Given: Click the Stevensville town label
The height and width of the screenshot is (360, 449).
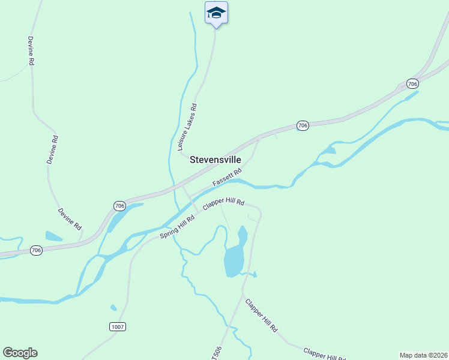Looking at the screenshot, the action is coord(215,160).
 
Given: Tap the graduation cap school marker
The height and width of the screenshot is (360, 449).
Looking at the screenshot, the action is coord(216,13).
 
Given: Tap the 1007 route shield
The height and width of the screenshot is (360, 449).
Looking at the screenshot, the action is coord(118,326).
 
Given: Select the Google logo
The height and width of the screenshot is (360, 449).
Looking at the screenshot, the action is coord(20,353).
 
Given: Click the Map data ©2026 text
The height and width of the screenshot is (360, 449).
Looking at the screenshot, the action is coord(424,355).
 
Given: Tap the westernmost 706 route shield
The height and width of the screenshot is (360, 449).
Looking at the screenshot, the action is coord(37,250).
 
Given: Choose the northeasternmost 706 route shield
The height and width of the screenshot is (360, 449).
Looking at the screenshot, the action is coord(412,83).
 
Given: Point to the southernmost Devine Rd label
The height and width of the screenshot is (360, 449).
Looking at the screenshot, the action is coord(70,219).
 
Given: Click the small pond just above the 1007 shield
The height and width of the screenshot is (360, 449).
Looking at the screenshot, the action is coord(113,308).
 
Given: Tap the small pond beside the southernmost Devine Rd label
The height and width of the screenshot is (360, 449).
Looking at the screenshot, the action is coord(53,236).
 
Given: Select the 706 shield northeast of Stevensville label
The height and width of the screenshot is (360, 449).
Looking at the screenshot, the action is coord(303,125).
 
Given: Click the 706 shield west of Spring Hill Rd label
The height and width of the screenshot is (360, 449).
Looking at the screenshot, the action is coord(119,206).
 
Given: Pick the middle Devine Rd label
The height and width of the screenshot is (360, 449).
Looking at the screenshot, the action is coord(52,150).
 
